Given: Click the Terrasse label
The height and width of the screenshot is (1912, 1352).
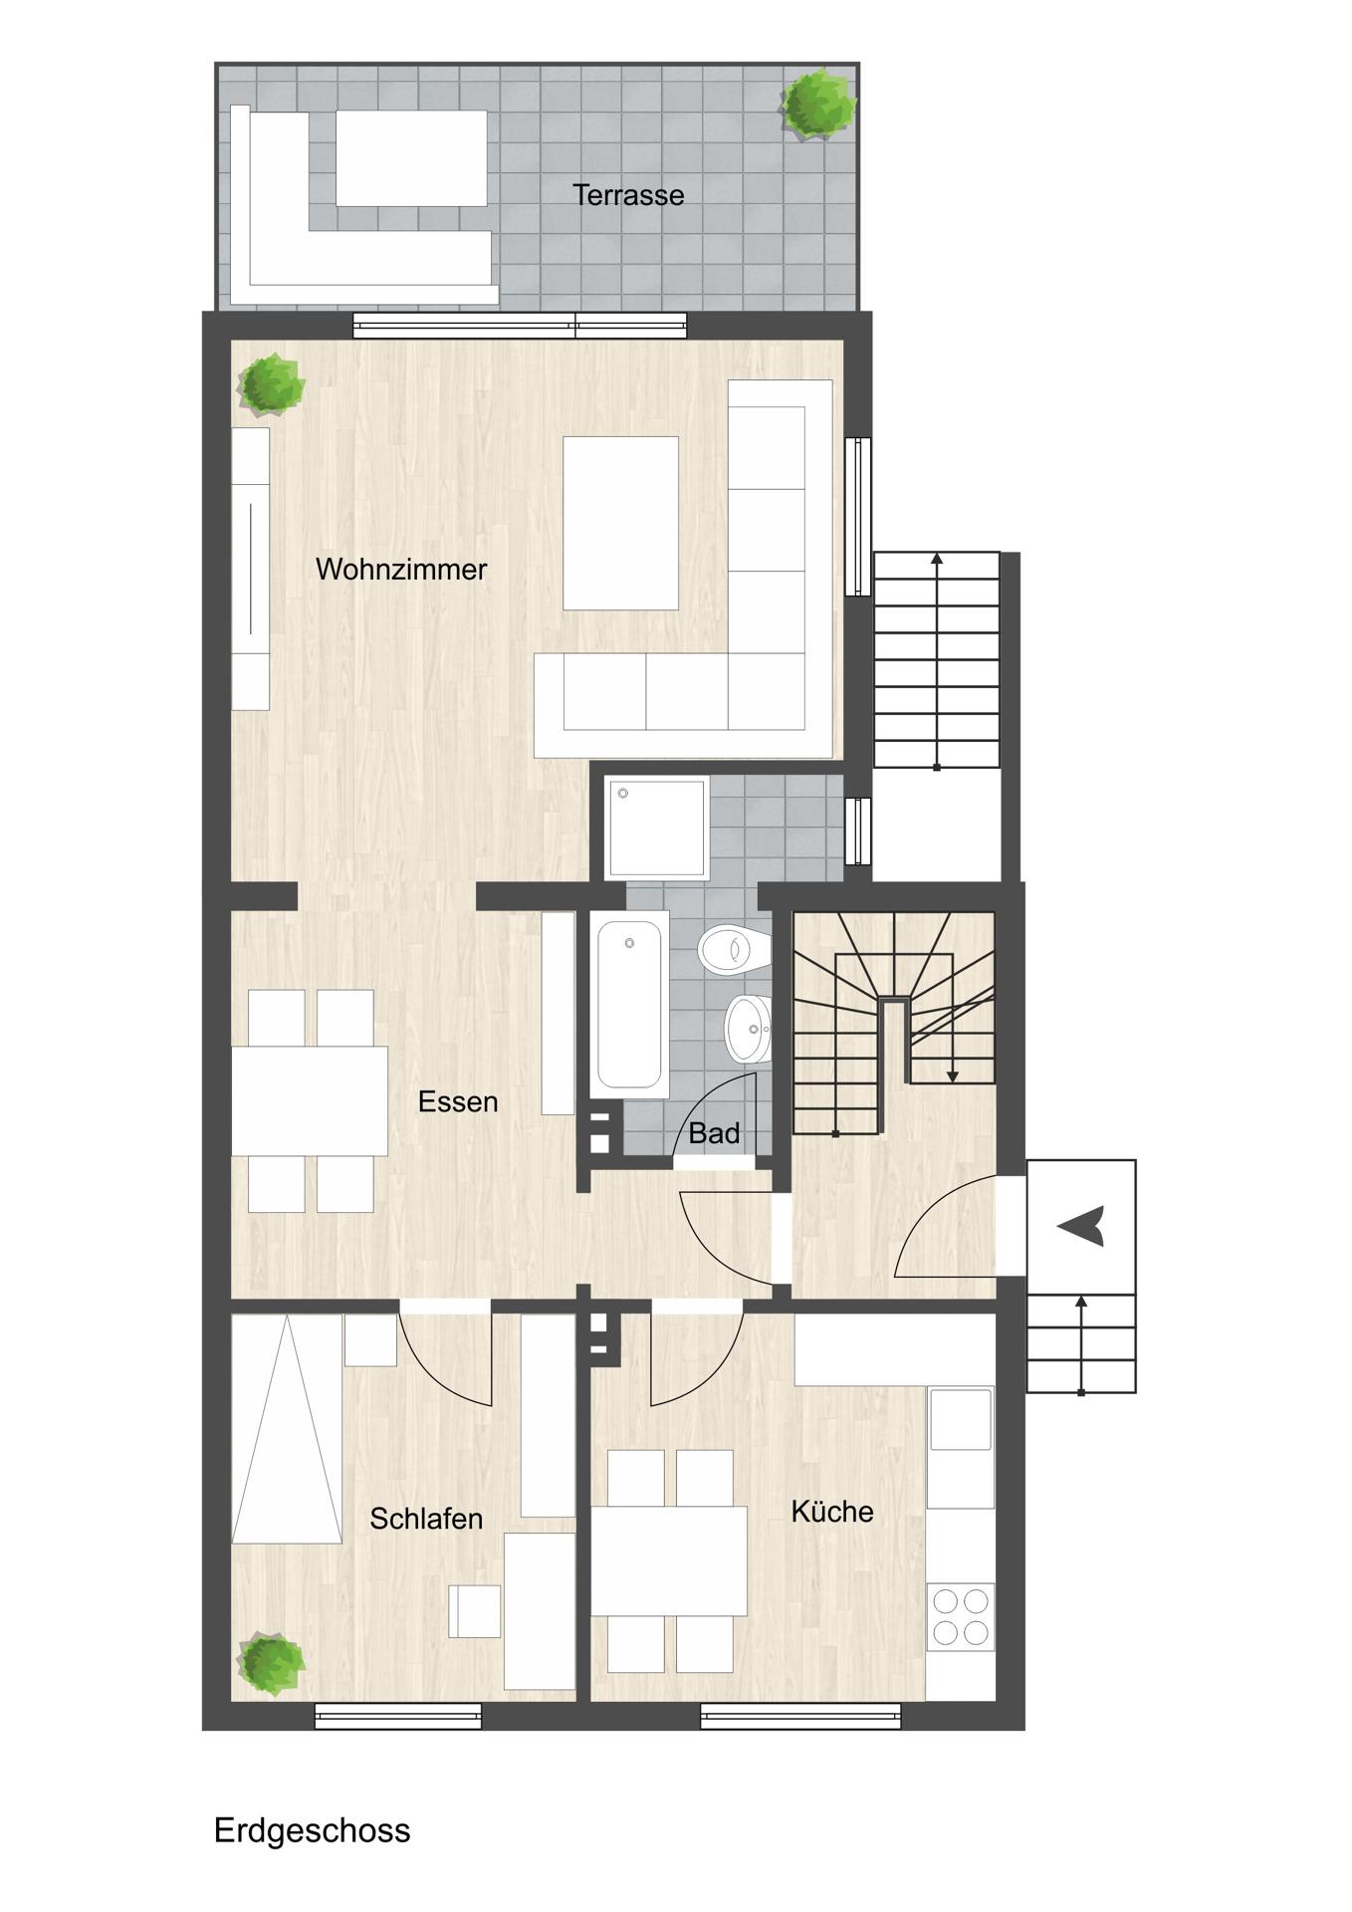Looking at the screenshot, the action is point(628,195).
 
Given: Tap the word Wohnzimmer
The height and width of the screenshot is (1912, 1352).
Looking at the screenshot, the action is point(401,570).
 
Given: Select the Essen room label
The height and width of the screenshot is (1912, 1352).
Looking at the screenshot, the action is point(458,1101).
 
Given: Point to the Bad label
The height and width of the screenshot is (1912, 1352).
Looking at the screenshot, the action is point(714,1133).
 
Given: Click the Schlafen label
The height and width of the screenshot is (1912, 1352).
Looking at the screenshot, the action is point(426,1519).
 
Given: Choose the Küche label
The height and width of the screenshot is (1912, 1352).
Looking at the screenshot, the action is point(832,1512).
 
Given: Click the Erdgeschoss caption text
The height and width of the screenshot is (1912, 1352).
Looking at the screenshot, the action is point(312,1830).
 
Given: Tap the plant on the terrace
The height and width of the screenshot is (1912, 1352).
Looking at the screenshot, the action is point(818,103).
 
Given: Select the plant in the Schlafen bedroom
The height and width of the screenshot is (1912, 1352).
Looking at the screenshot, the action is point(271,1663).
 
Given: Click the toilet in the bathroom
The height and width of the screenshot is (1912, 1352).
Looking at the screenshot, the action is point(734,949).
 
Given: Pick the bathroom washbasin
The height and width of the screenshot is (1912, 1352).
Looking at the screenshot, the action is point(748,1029).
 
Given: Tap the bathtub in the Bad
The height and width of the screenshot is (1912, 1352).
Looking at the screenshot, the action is point(629,1005).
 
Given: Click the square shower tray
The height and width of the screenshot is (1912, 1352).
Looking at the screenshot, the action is point(657,828).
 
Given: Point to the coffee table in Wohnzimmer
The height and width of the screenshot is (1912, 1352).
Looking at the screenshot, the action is point(620,523).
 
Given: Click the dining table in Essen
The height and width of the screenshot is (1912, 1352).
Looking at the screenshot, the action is point(310,1100).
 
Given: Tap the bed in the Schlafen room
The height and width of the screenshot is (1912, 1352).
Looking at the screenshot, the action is point(287,1430).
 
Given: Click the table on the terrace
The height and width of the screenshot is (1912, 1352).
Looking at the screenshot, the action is point(411,158).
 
